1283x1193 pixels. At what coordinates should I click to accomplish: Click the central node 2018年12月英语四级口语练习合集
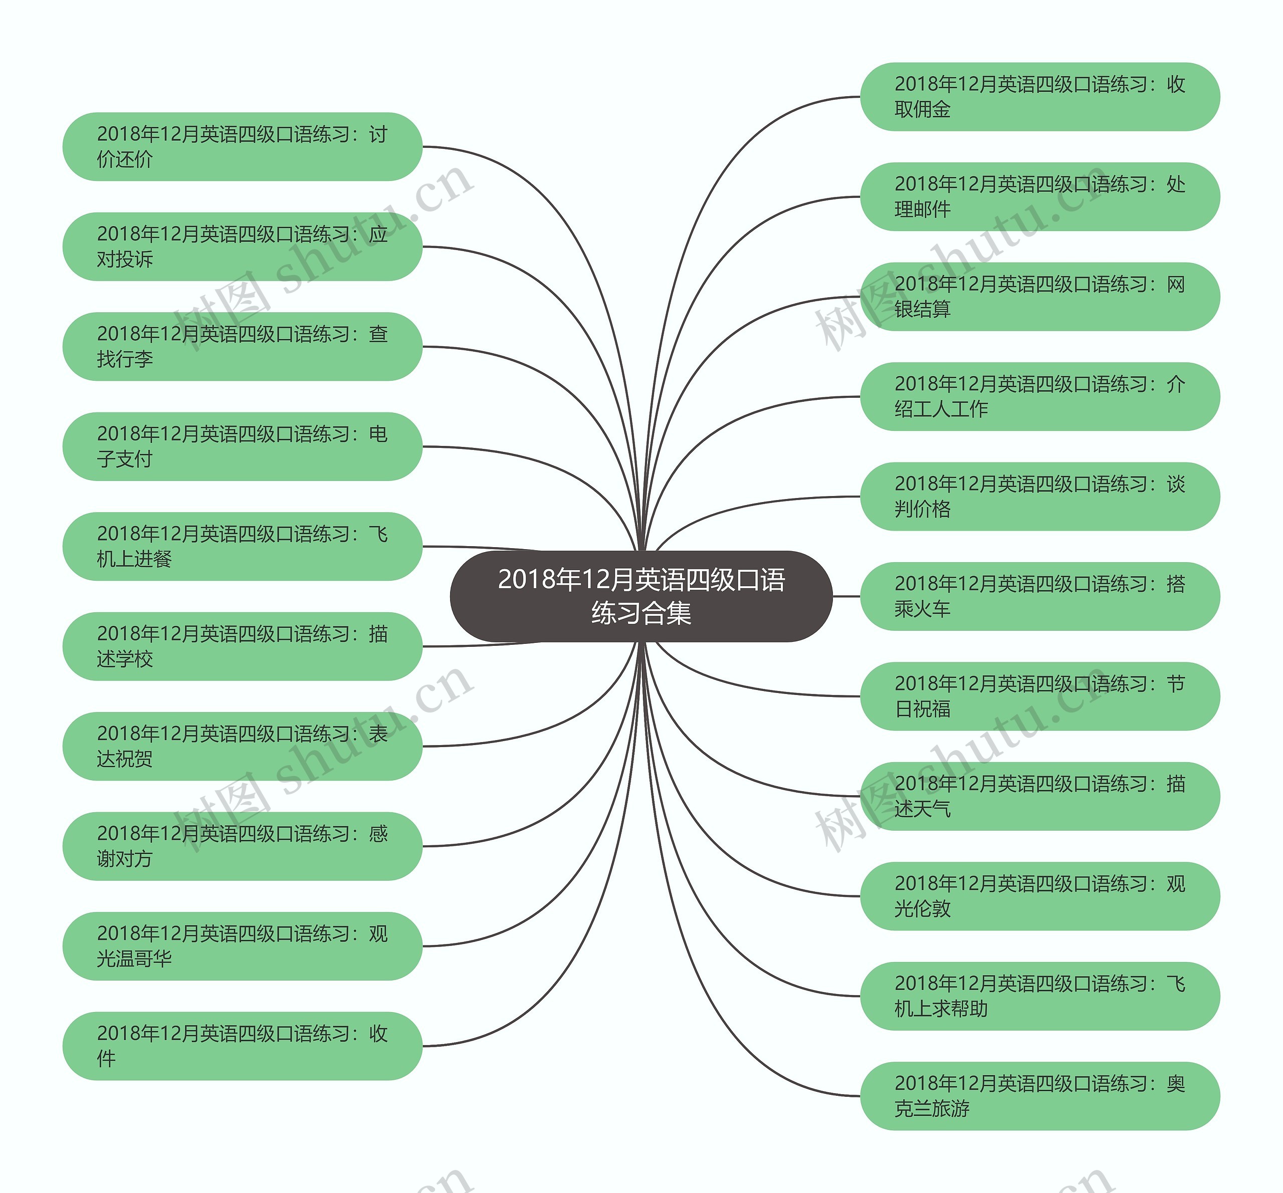tap(641, 596)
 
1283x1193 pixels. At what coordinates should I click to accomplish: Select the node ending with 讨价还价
tap(242, 146)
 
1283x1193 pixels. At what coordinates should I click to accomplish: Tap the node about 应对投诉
tap(242, 247)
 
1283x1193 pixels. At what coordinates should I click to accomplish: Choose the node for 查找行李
tap(242, 347)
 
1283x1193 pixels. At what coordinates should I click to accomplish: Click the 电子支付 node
tap(242, 446)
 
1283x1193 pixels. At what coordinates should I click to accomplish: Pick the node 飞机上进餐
tap(242, 547)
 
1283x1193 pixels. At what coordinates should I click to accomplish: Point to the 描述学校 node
tap(242, 646)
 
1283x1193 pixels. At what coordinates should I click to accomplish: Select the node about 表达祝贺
tap(242, 747)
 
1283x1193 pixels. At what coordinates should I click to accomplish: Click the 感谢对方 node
tap(242, 846)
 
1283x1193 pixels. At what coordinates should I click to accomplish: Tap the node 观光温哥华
tap(242, 946)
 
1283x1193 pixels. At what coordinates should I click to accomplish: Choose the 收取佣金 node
tap(1040, 97)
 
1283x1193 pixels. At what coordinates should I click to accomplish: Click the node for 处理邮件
tap(1040, 197)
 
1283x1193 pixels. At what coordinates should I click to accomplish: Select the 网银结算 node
tap(1040, 297)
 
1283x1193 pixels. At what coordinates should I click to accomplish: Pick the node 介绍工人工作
tap(1040, 397)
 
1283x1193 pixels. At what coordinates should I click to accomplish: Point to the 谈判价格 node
tap(1040, 497)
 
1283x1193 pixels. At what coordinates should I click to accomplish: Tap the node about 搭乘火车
tap(1040, 596)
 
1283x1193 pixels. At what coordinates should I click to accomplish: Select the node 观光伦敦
tap(1040, 896)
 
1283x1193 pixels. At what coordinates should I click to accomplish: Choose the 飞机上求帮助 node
tap(1040, 996)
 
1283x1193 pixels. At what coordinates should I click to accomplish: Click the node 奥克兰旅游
tap(1040, 1096)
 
